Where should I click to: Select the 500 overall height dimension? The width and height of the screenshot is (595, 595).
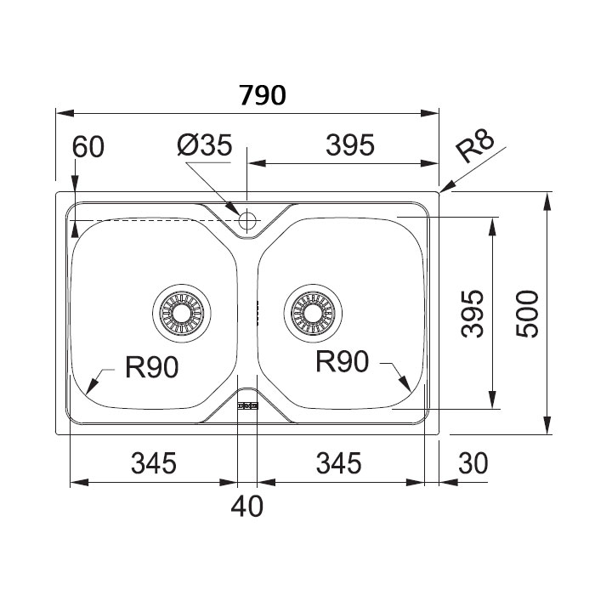tap(527, 314)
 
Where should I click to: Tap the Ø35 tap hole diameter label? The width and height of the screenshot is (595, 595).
tap(204, 146)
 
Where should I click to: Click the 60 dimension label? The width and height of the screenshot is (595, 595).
tap(88, 147)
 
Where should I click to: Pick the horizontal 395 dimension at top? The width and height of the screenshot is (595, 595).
tap(349, 146)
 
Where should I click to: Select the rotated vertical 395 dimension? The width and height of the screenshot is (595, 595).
tap(474, 314)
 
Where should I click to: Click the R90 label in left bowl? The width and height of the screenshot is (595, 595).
tap(150, 367)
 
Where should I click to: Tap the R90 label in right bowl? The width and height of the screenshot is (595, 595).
tap(342, 363)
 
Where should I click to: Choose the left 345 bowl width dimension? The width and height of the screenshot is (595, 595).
tap(153, 463)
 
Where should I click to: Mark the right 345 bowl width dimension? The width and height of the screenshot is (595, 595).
tap(339, 463)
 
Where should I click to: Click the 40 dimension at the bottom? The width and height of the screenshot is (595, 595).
tap(246, 507)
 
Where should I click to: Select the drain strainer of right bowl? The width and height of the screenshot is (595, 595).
tap(311, 312)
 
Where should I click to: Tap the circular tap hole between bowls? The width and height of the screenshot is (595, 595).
tap(247, 220)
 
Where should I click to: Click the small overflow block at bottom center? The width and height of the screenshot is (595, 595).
tap(246, 407)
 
